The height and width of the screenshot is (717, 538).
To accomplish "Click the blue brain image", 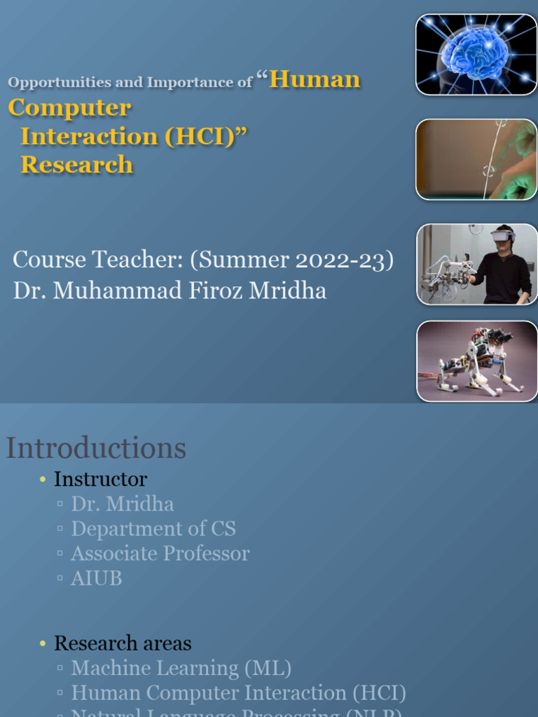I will click(476, 55).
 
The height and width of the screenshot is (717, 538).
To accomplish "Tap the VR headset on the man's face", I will click(501, 236).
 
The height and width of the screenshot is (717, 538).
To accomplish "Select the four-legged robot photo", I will click(476, 361).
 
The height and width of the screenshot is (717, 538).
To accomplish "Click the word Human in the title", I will click(315, 80).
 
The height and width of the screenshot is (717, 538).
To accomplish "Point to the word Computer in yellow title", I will click(69, 108).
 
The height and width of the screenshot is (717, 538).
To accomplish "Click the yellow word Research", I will click(77, 165).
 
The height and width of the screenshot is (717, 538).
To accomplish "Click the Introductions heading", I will click(96, 448).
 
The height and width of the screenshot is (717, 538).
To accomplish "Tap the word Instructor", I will click(100, 480).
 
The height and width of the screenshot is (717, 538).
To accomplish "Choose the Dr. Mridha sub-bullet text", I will click(123, 504).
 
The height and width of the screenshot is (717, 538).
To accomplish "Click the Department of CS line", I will click(153, 529).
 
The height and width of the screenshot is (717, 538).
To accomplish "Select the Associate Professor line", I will click(160, 553).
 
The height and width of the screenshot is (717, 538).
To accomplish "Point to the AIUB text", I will click(97, 578).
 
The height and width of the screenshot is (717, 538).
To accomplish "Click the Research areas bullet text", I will click(123, 643).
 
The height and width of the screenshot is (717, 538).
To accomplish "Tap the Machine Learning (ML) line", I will click(181, 668).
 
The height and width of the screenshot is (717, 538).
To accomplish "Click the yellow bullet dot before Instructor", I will click(43, 480).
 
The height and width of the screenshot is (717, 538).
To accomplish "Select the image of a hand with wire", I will click(476, 160).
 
